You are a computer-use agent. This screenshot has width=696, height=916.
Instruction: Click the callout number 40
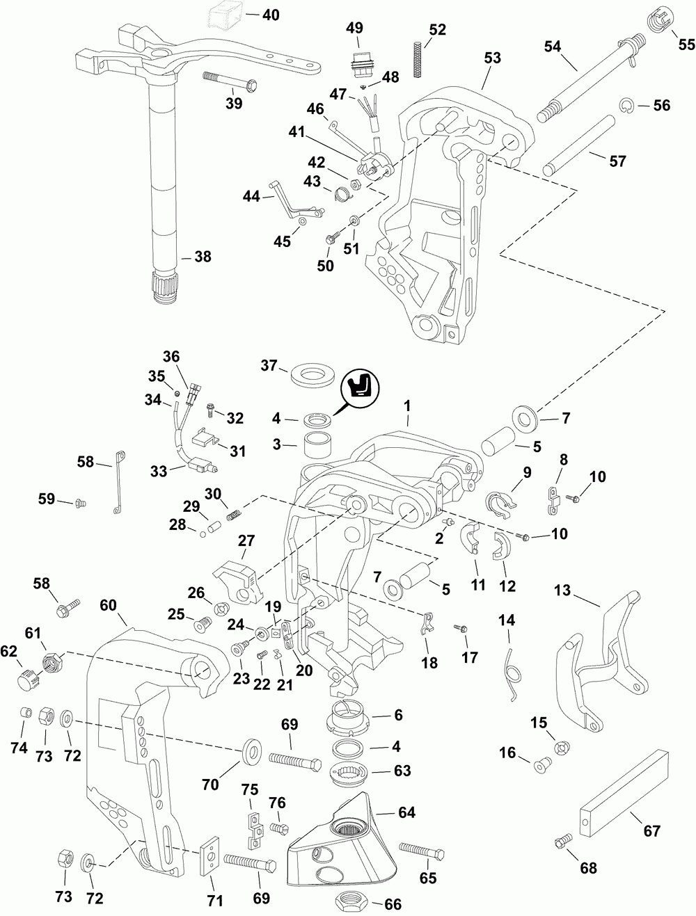(x=267, y=14)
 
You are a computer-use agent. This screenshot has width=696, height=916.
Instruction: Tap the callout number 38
(x=202, y=257)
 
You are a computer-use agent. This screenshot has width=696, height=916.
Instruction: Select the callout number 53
(x=491, y=58)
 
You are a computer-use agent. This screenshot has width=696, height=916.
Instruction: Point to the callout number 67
(x=652, y=830)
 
